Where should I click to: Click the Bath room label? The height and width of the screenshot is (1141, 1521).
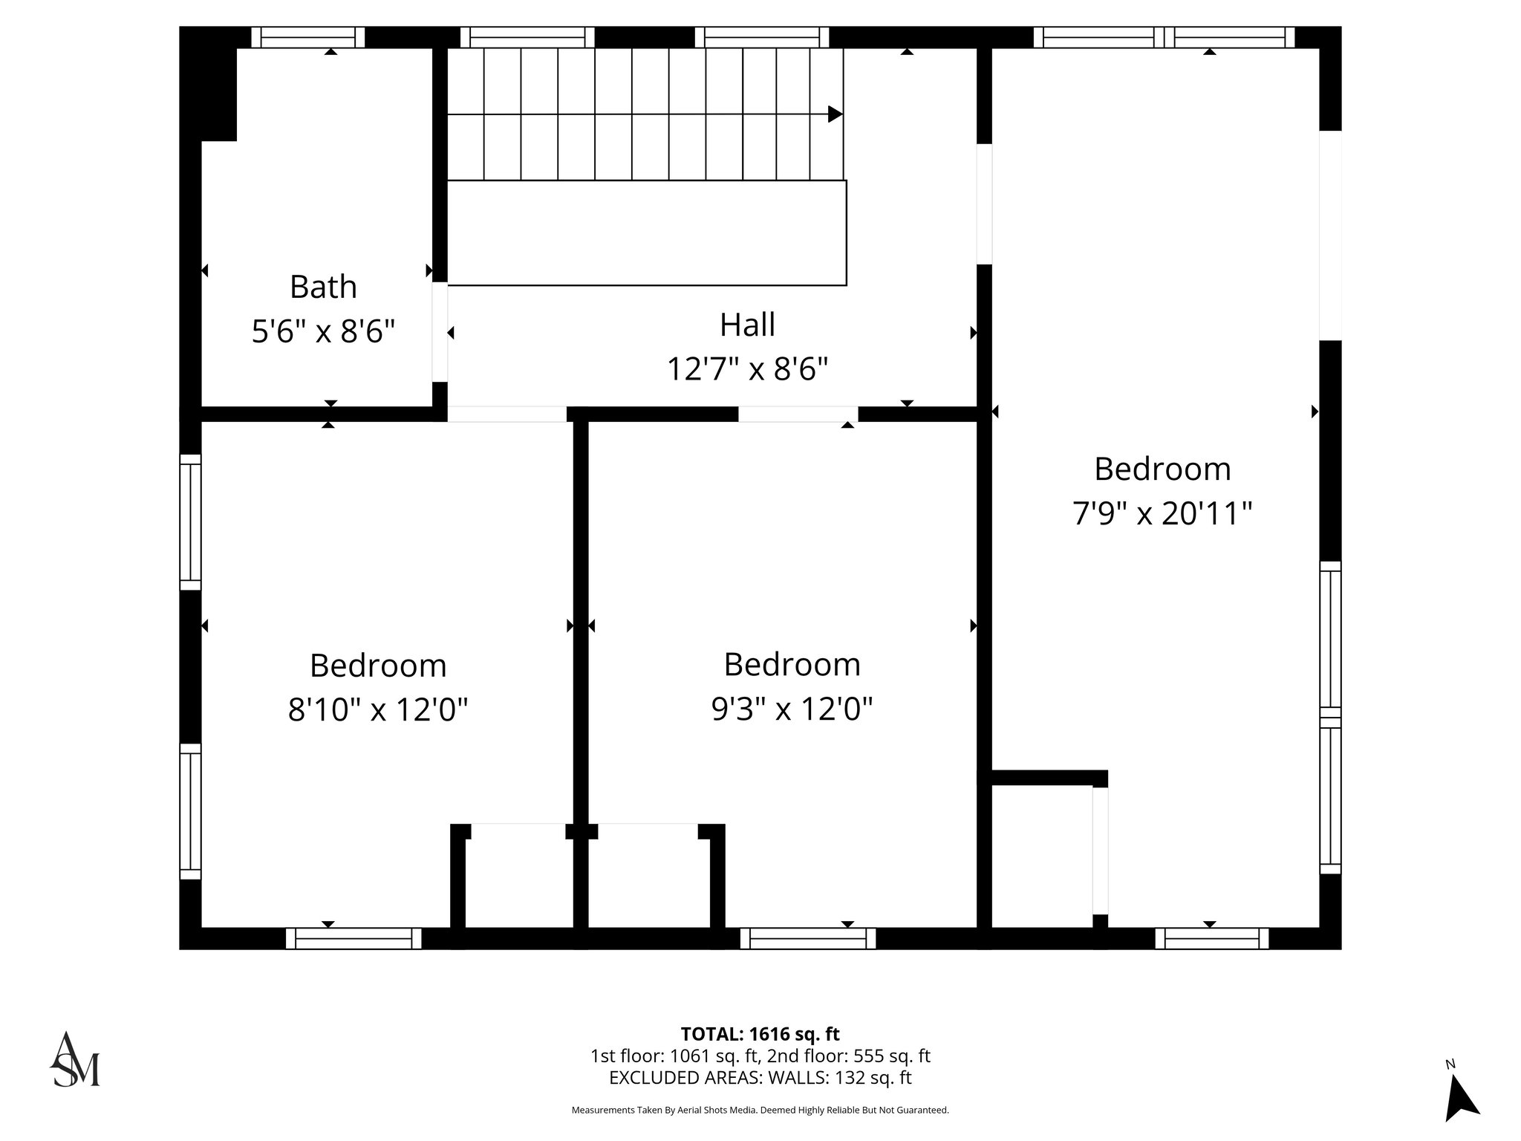(323, 287)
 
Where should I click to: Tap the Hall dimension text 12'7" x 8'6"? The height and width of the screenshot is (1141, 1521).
(747, 368)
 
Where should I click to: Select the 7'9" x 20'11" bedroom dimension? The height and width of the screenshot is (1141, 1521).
(1162, 513)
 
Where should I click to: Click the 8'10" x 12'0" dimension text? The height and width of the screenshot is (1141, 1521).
(378, 709)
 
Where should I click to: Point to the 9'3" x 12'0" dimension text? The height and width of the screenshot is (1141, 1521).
(792, 709)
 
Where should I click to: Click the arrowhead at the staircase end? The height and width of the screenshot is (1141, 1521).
(835, 114)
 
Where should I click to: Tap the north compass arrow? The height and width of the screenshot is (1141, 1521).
(1461, 1102)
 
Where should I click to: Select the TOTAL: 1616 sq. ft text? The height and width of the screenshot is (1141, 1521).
(760, 1034)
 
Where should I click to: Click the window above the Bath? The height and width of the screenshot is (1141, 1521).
(307, 37)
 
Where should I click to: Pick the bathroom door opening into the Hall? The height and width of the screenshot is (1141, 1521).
(440, 332)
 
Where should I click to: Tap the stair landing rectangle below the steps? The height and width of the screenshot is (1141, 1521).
(646, 233)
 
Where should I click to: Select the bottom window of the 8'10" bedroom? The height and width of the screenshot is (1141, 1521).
(354, 938)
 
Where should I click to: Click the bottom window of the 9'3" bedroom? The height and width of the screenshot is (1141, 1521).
(807, 938)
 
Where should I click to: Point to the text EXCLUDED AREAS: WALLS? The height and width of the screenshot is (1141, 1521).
(760, 1078)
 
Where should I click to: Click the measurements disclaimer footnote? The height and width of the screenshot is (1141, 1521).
(760, 1110)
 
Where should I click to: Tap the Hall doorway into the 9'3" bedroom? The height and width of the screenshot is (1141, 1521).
(798, 414)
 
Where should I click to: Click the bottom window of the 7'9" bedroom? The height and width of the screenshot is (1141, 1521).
(1211, 938)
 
